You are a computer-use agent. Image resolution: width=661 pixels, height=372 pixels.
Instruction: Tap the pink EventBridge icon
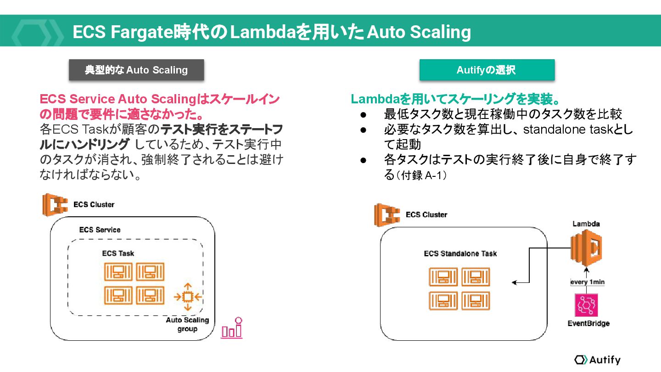[x=586, y=305]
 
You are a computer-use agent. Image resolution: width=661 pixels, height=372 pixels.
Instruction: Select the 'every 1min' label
[x=587, y=282]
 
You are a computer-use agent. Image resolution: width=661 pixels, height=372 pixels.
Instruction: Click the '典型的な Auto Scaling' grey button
[x=136, y=70]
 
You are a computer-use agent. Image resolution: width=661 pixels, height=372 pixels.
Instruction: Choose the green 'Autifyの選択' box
[x=487, y=70]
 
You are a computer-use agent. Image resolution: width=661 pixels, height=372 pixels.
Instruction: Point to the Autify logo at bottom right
[x=597, y=360]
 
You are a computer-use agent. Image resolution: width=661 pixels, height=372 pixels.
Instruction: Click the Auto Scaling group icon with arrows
[x=187, y=297]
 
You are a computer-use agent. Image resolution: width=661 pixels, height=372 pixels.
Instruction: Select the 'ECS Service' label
[x=100, y=230]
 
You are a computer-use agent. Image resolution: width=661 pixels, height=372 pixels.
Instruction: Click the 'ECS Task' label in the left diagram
[x=118, y=253]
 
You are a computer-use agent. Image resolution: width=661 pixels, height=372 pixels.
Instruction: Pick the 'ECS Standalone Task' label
[x=460, y=254]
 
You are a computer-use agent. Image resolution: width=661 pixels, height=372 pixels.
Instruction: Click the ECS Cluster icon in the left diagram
[x=55, y=204]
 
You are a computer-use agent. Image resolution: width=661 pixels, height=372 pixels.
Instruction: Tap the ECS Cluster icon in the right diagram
[x=387, y=214]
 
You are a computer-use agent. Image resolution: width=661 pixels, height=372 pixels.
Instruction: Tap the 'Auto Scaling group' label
[x=187, y=324]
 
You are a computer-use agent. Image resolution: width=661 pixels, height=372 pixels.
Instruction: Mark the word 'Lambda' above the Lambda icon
[x=586, y=224]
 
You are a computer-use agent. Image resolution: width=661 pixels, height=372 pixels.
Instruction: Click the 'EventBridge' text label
[x=588, y=323]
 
